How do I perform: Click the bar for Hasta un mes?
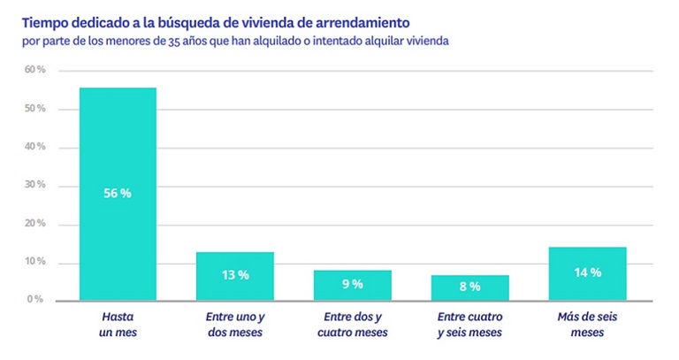point(118,195)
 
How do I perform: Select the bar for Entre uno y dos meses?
point(234,276)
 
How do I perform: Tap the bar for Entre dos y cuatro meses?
point(352,285)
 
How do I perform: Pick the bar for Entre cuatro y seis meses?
point(469,287)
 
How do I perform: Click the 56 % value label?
point(118,193)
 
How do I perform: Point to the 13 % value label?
point(234,275)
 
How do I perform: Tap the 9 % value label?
point(352,284)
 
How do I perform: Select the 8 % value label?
point(469,287)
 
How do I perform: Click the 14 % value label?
point(587,272)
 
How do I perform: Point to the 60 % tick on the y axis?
point(34,70)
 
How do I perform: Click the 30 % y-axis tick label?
point(34,186)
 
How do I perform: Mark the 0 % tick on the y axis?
point(35,300)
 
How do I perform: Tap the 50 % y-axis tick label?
point(34,109)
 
